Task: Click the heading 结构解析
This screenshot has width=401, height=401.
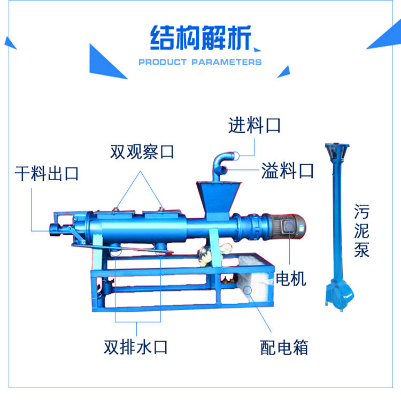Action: (x=200, y=37)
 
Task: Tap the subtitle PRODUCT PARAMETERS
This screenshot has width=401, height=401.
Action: (x=200, y=62)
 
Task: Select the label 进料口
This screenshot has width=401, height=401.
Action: (x=255, y=126)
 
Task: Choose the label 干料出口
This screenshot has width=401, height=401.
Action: (x=47, y=173)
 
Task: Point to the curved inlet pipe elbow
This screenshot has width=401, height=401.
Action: (x=222, y=160)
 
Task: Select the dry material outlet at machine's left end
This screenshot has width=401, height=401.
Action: (x=53, y=227)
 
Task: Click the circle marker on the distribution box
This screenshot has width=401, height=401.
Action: (x=248, y=289)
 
